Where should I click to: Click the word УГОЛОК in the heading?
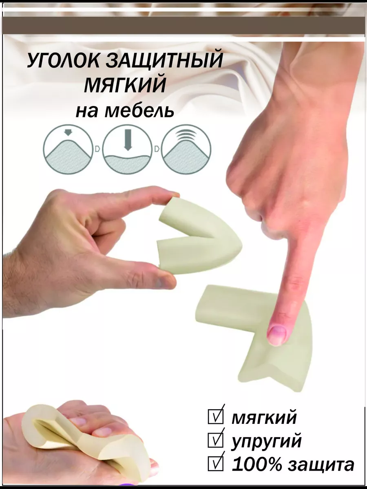click(63, 61)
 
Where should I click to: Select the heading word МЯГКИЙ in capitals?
click(125, 85)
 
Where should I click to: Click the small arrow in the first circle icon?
click(68, 133)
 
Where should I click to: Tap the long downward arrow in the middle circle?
click(128, 140)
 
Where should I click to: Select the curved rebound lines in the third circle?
click(186, 135)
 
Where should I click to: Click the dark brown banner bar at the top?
click(183, 25)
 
